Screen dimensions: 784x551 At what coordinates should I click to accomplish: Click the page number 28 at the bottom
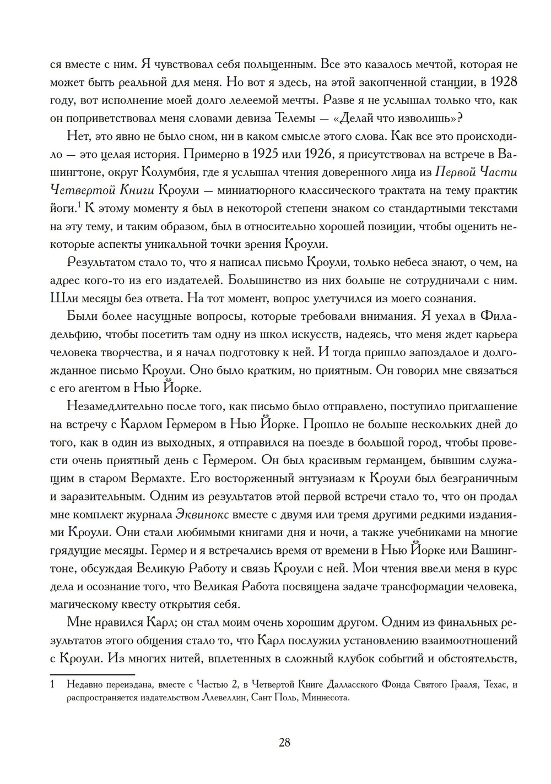coord(284,742)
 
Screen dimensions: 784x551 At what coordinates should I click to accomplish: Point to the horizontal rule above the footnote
coord(92,674)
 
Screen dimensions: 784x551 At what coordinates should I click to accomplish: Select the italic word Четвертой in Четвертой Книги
coord(84,190)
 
